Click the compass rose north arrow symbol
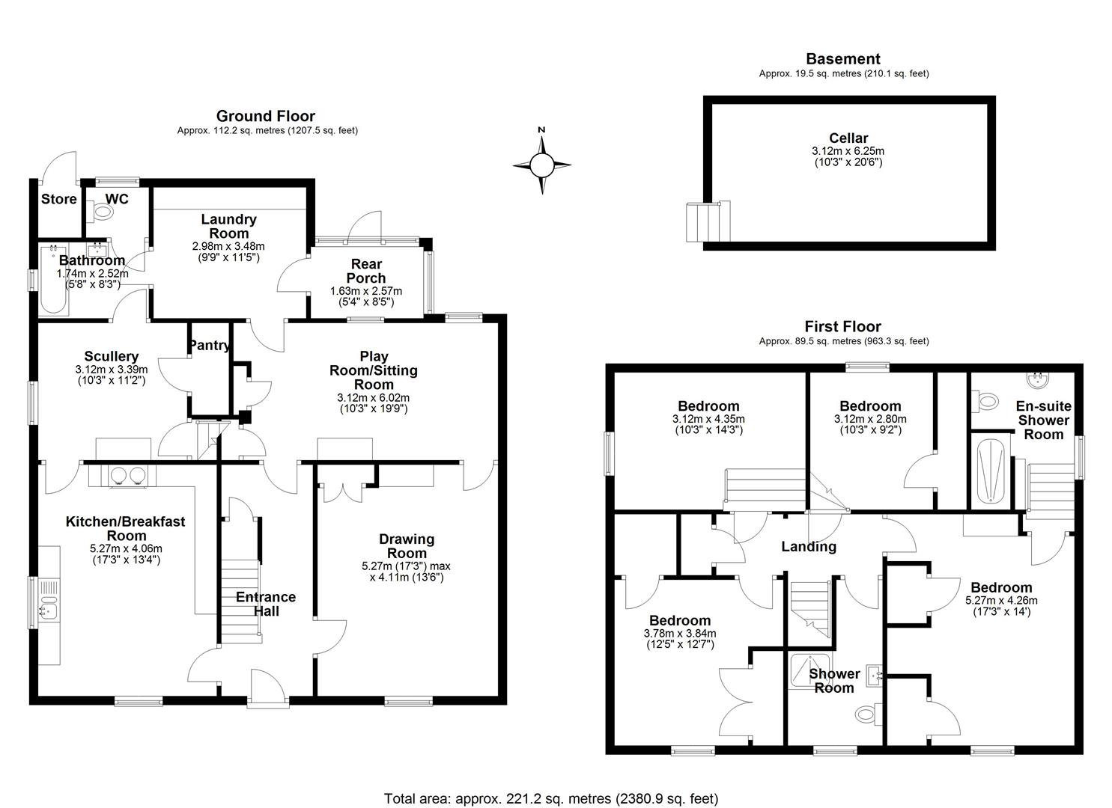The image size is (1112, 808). coord(541,165)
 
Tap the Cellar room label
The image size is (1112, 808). coord(848,138)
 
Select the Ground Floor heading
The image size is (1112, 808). coord(266,116)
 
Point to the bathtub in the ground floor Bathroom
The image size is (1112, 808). coord(53,280)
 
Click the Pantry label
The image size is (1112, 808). coord(210,345)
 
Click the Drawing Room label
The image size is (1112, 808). coord(407,546)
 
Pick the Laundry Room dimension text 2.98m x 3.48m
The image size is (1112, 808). coord(228,246)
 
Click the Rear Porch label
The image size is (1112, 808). coord(366,271)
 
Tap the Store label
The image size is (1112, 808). coord(58,200)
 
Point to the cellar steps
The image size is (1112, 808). coord(708,221)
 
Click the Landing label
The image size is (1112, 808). coord(809,547)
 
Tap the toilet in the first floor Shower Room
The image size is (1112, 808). coord(868,714)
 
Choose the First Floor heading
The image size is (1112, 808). coord(843,326)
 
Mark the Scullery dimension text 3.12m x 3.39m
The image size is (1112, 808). coord(111,370)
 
